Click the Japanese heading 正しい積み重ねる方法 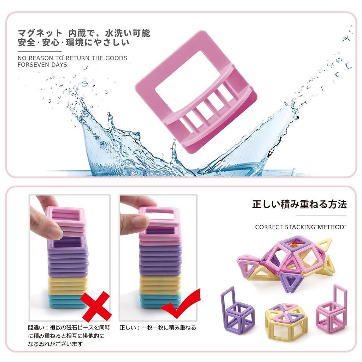299,204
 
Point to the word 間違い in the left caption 36,328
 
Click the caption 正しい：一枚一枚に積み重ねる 158,328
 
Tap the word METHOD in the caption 331,227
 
